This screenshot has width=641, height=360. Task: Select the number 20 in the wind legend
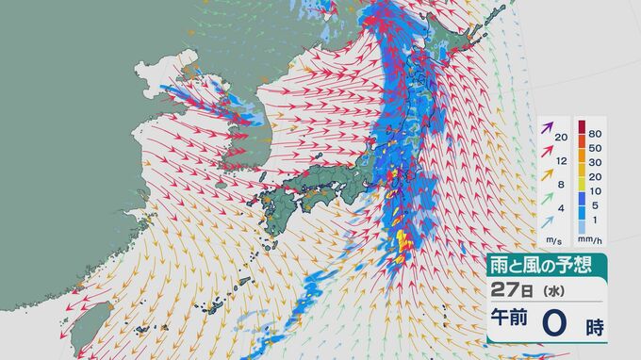coord(562,139)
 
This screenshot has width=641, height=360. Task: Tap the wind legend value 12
coord(562,160)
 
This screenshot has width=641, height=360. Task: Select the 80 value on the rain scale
coord(595,135)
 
